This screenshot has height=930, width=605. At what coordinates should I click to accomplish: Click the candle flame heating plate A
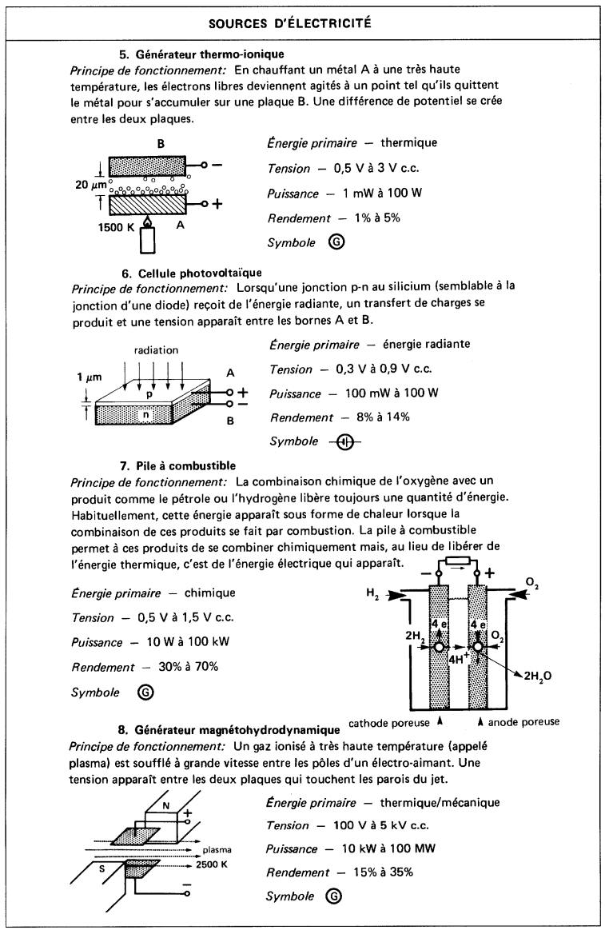click(x=147, y=221)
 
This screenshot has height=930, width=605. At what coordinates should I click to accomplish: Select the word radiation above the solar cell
click(x=156, y=349)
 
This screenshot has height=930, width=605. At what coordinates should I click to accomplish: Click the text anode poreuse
click(x=524, y=722)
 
